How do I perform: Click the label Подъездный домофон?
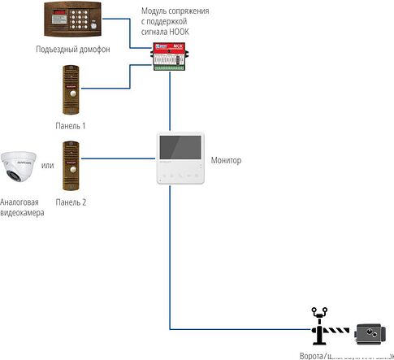coord(73,50)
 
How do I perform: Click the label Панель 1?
coord(71,126)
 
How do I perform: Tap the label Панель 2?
coord(71,202)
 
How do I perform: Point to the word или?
coord(47,166)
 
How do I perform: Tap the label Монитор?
coord(226,161)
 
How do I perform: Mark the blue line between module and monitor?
coord(170,102)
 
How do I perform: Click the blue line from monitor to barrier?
coord(170,260)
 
